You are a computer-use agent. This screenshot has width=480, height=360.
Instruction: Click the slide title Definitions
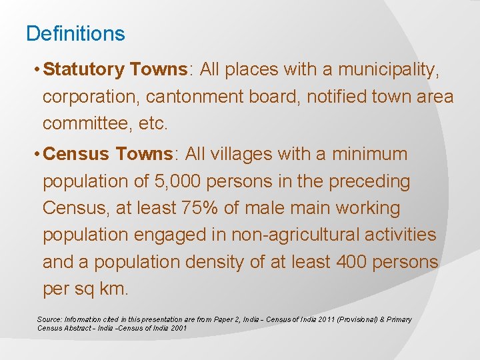[x=75, y=33]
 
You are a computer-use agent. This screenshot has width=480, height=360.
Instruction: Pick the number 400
[x=344, y=263]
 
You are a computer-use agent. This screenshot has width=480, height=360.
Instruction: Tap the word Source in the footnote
[x=48, y=319]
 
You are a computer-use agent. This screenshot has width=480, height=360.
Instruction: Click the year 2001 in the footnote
[x=177, y=328]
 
